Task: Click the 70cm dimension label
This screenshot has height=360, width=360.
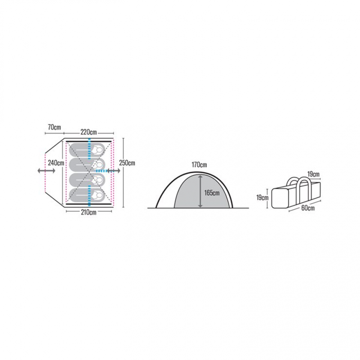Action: (x=54, y=127)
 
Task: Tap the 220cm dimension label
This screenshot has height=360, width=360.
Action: (x=89, y=132)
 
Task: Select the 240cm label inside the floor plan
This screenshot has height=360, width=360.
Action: (x=56, y=163)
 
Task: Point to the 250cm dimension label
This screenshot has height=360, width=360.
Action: (x=127, y=163)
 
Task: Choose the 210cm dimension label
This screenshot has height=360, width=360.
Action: (x=89, y=212)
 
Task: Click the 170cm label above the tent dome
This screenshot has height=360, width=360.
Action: (x=199, y=165)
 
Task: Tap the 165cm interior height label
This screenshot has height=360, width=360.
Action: (x=212, y=193)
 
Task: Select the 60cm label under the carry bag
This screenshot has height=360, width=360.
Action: (x=308, y=208)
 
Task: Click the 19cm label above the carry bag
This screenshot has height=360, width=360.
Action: (x=313, y=174)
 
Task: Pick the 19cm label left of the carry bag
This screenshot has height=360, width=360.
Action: (x=262, y=198)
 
